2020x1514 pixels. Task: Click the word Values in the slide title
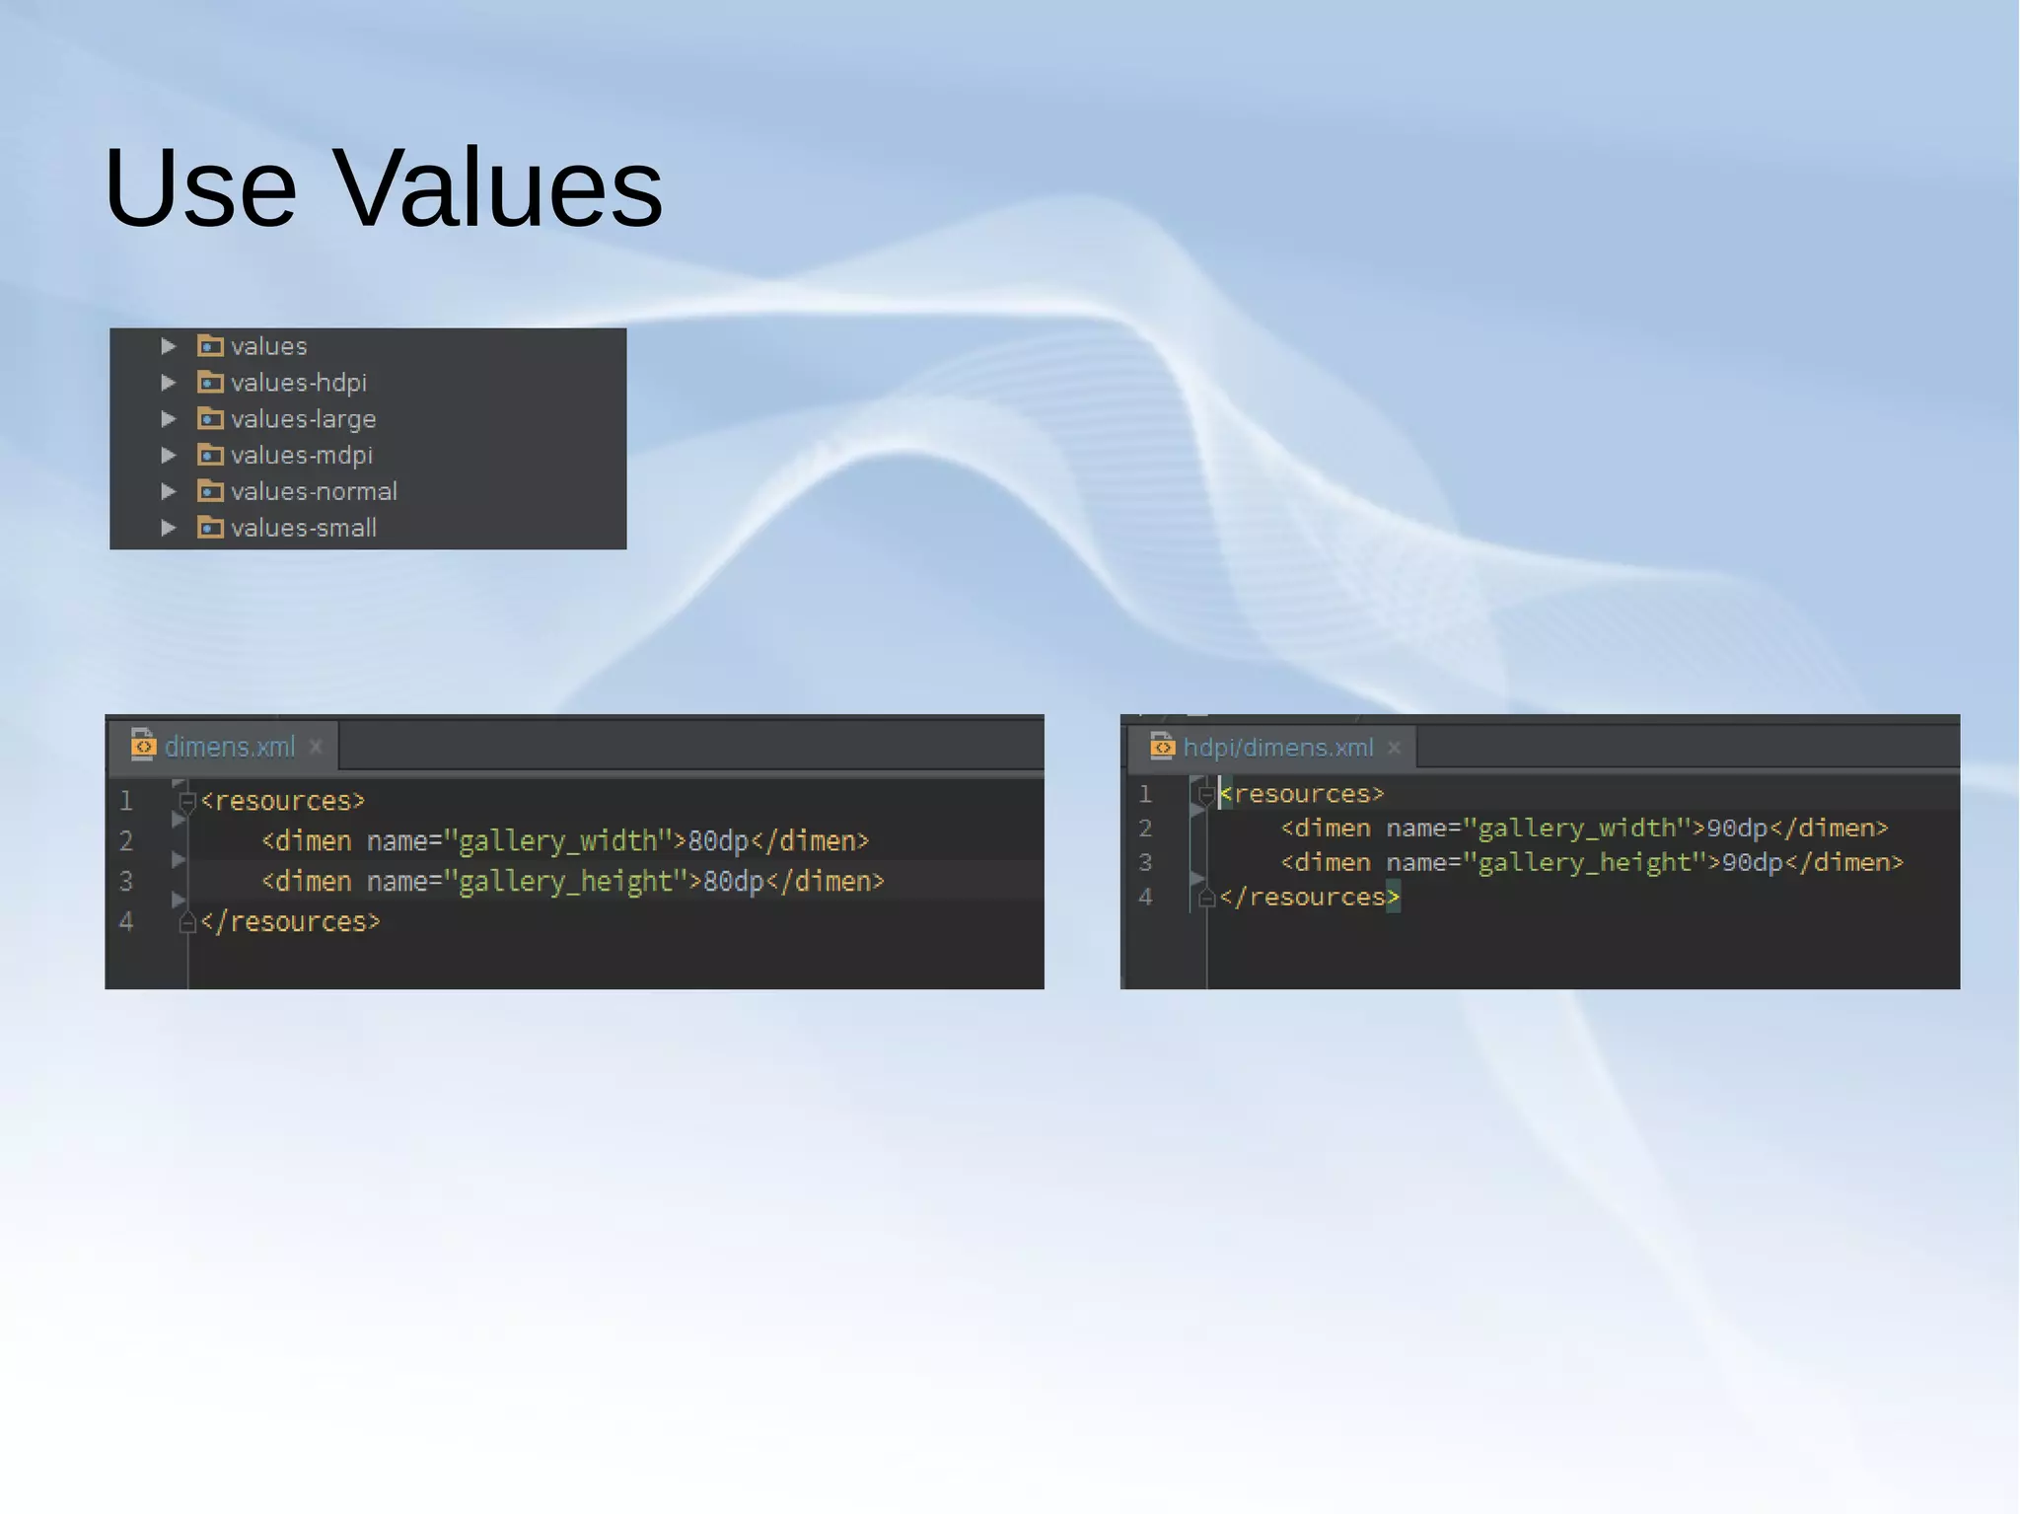(499, 187)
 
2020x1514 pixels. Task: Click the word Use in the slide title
(200, 187)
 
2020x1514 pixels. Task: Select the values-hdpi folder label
(298, 383)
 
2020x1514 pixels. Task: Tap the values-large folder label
(303, 419)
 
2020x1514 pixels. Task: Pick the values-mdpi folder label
(301, 456)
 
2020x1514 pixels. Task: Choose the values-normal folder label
(314, 491)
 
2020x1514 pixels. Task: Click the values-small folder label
(303, 528)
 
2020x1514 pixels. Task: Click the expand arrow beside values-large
(169, 419)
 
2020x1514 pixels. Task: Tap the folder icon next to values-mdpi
(210, 455)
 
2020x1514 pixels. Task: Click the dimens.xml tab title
(229, 747)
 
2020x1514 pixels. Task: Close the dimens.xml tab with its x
(316, 747)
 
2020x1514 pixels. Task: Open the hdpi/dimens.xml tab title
(1277, 748)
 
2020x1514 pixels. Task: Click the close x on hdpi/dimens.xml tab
(1394, 748)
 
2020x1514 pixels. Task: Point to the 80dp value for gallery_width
(718, 841)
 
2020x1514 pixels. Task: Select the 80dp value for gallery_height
(733, 882)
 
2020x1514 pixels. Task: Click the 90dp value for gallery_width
(1737, 829)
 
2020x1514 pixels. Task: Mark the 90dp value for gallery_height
(1752, 863)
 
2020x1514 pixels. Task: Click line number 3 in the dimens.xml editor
(126, 882)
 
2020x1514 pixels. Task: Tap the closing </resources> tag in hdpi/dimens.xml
(1308, 898)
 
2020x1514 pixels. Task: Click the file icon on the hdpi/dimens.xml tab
(1162, 747)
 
